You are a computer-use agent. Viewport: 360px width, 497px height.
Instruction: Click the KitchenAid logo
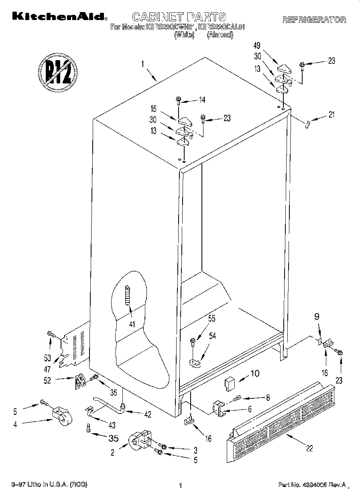point(59,17)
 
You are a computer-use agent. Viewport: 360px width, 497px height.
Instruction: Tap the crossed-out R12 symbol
point(58,73)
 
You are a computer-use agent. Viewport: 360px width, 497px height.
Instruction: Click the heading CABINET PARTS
point(179,17)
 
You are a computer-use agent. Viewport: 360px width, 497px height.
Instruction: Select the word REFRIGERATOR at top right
point(314,20)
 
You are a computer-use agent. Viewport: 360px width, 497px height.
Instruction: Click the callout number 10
point(254,373)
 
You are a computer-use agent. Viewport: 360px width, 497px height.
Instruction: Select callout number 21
point(331,115)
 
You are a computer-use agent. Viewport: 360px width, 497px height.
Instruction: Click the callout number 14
point(202,100)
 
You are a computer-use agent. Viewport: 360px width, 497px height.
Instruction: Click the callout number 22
point(309,448)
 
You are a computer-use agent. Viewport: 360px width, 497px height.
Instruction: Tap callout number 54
point(212,336)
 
